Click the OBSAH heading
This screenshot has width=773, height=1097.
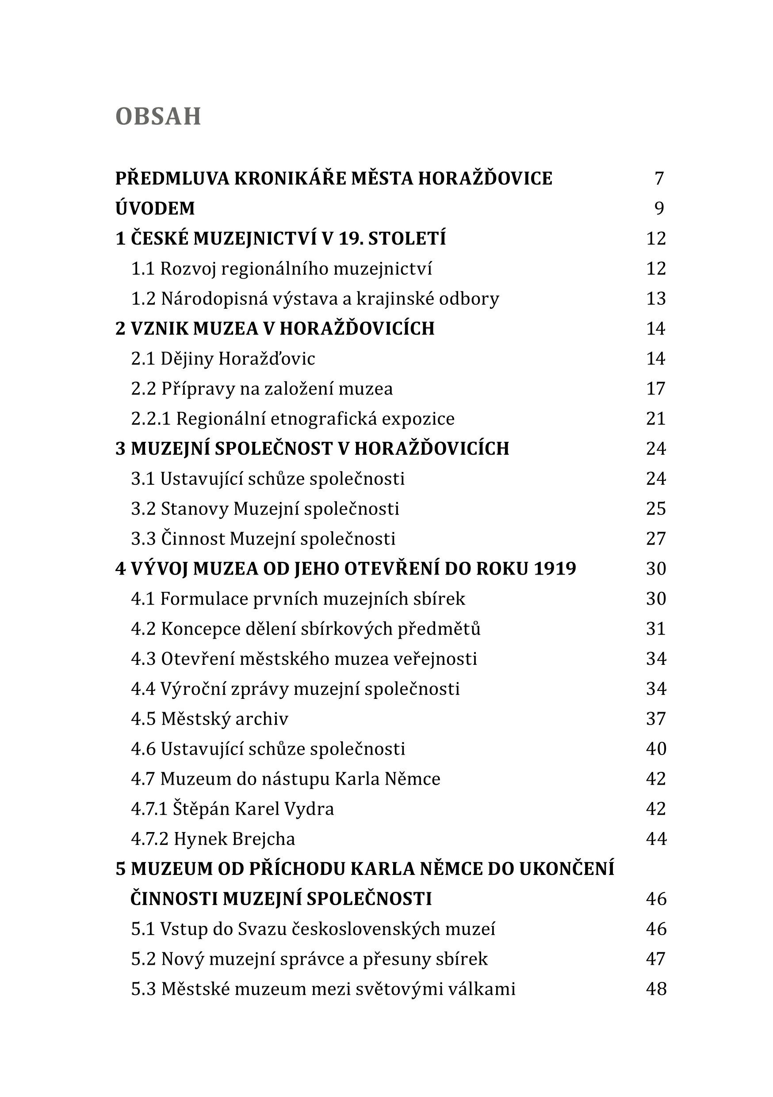tap(158, 117)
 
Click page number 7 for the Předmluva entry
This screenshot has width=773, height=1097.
tap(659, 179)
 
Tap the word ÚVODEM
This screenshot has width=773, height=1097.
tap(155, 208)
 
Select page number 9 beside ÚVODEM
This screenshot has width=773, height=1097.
tap(659, 208)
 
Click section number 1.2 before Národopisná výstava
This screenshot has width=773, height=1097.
tap(143, 299)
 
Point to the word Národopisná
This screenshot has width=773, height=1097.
tap(214, 299)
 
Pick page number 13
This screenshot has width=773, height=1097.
tap(656, 299)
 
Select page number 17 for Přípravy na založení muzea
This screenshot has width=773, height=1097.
tap(656, 389)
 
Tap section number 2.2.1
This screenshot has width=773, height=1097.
tap(150, 419)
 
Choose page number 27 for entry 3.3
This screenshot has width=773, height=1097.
tap(656, 539)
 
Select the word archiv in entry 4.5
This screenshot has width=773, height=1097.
tap(268, 719)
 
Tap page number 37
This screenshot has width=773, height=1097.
tap(656, 719)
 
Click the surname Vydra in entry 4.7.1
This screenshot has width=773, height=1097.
tap(309, 809)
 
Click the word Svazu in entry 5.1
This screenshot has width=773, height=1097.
tap(262, 929)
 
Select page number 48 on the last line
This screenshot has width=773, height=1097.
tap(656, 989)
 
